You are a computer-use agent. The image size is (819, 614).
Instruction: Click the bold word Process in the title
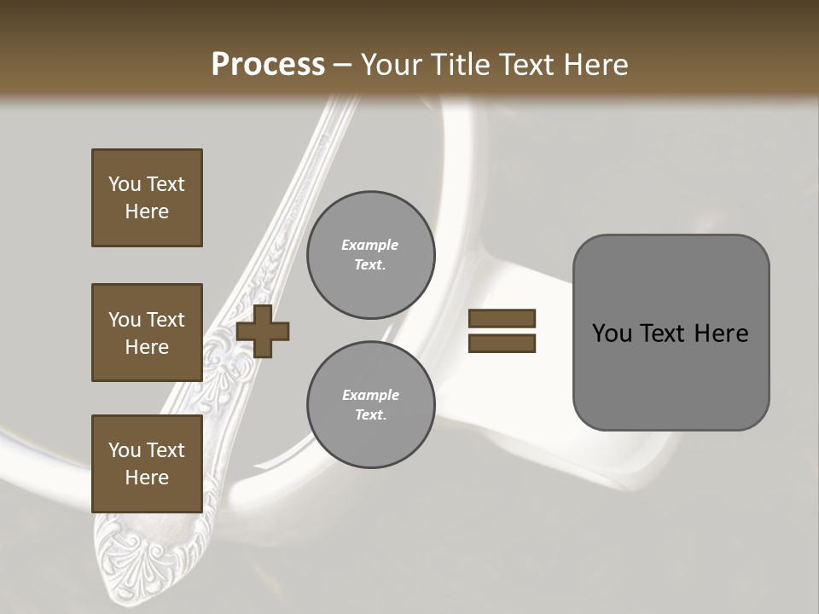pos(268,65)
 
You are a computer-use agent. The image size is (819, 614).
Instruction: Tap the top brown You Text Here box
pos(147,198)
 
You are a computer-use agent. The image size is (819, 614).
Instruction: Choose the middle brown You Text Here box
pos(147,333)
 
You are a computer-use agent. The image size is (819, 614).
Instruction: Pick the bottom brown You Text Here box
pos(147,463)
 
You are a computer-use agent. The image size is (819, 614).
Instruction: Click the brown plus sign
pos(263,331)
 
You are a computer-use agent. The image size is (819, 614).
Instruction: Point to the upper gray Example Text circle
pos(370,255)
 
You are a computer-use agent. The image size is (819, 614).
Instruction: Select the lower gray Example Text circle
pos(370,405)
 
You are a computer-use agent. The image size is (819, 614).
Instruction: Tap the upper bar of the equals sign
pos(502,319)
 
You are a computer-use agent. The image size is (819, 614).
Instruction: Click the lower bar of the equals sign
pos(502,344)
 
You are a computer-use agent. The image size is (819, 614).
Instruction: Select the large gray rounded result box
pos(671,333)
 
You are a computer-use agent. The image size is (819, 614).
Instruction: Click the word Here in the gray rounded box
pos(721,333)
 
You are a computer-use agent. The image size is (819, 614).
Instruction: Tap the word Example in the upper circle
pos(370,245)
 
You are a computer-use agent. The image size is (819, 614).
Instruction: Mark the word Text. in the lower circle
pos(370,415)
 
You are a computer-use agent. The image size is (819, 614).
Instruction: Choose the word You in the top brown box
pos(125,184)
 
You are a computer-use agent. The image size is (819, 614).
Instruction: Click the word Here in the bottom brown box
pos(147,478)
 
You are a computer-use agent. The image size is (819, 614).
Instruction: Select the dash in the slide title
pos(343,65)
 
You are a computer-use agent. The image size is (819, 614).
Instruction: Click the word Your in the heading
pos(392,65)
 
